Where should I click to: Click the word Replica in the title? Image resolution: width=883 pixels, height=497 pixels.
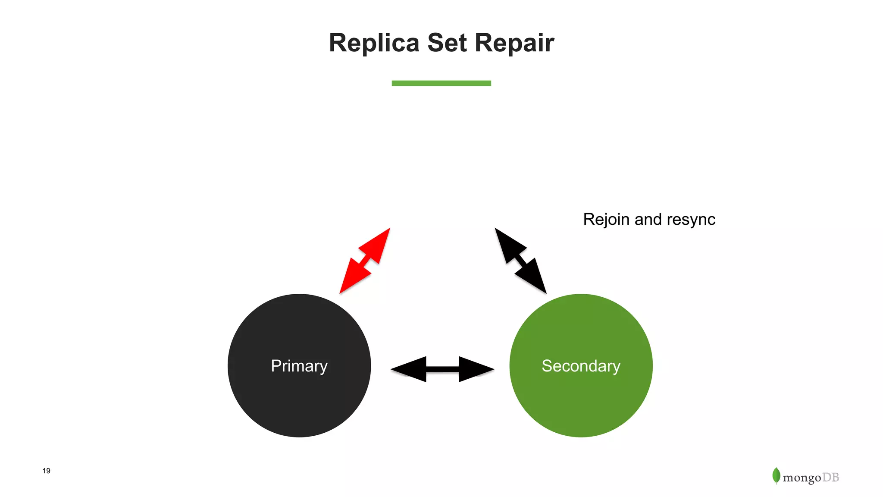(x=374, y=43)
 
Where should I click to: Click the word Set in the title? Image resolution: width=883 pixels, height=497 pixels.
(x=447, y=43)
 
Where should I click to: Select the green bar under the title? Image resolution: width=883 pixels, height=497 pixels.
(x=441, y=83)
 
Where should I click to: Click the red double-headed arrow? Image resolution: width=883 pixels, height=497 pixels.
(x=365, y=261)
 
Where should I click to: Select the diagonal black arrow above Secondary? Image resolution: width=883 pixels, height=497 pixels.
(x=520, y=261)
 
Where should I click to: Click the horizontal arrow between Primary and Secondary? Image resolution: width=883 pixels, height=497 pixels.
(x=442, y=369)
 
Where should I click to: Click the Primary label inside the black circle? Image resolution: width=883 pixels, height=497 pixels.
(x=299, y=366)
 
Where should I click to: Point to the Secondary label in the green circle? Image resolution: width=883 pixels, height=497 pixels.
(x=581, y=366)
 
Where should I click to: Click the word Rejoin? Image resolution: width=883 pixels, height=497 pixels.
(x=606, y=220)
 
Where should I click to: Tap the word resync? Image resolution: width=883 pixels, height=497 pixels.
(x=691, y=220)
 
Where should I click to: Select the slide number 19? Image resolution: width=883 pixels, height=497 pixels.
(x=47, y=471)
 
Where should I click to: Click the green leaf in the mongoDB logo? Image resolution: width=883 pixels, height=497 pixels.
(x=776, y=475)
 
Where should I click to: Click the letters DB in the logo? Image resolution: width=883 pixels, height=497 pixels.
(x=830, y=478)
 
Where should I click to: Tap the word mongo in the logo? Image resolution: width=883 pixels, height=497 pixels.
(x=802, y=478)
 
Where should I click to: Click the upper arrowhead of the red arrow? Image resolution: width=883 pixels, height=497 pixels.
(x=378, y=245)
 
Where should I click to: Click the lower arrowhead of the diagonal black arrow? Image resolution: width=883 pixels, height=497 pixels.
(x=533, y=277)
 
